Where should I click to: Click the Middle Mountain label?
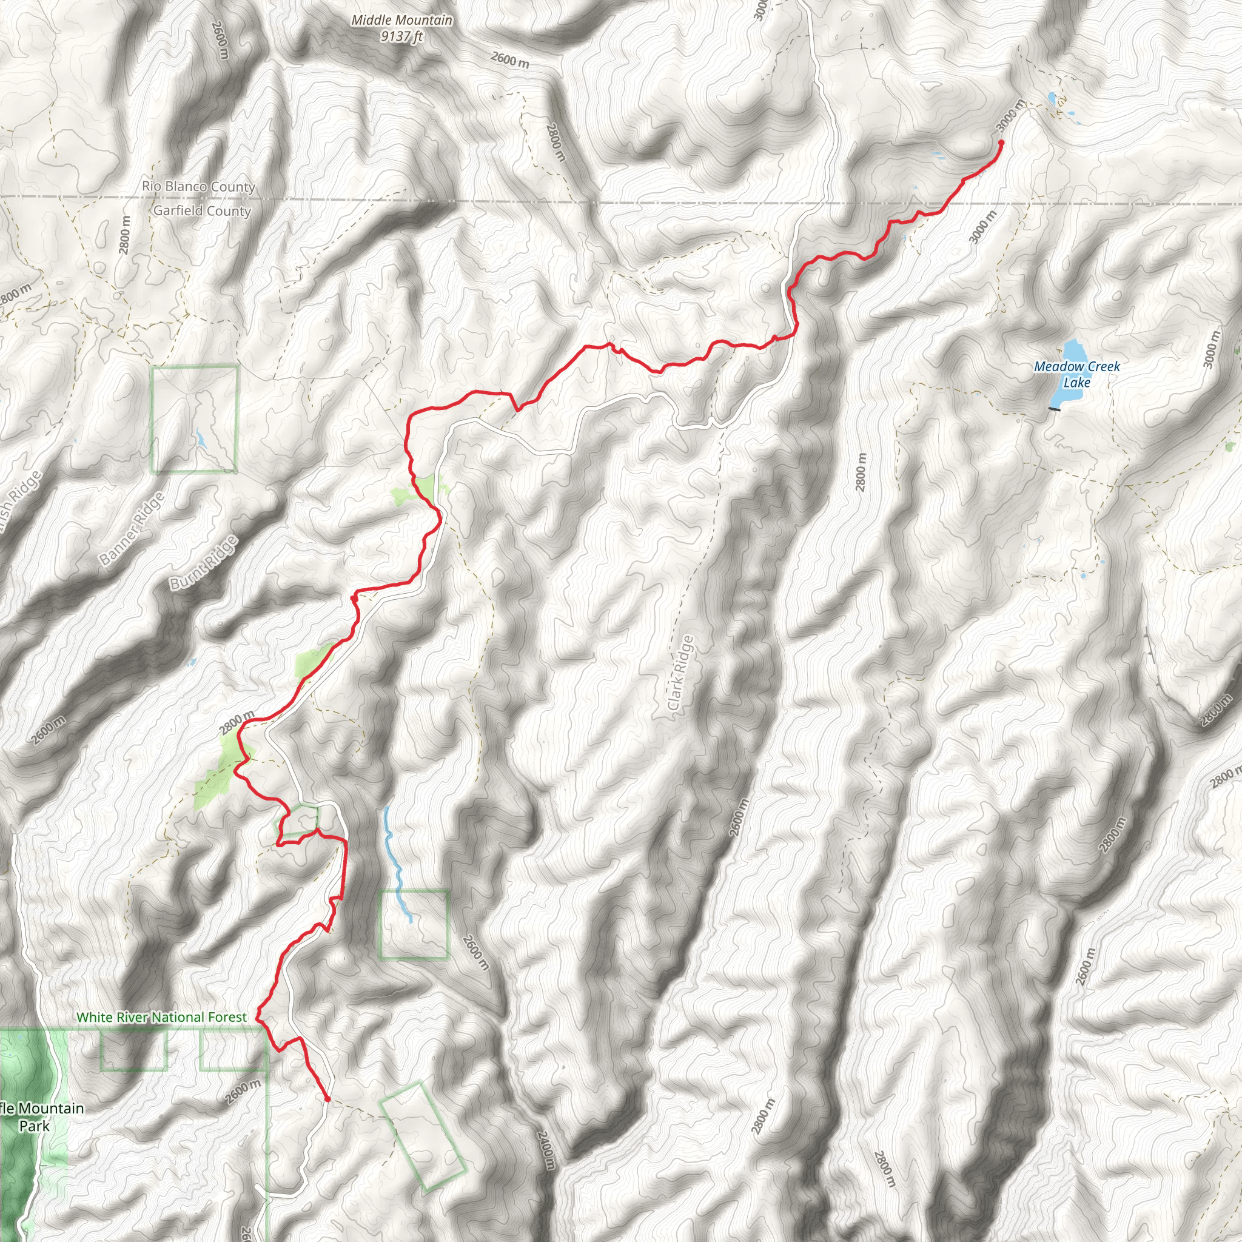(402, 21)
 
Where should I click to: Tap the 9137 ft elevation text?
(402, 36)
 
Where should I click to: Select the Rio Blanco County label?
(199, 186)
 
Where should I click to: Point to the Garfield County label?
(202, 211)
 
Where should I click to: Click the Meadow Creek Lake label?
(1077, 374)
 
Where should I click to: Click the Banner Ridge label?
(132, 528)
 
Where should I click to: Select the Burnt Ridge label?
(203, 563)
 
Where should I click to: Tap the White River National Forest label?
(161, 1017)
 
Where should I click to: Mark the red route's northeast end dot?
(1001, 143)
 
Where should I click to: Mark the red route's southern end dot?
(327, 1099)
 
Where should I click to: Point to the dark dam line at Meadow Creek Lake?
(1054, 409)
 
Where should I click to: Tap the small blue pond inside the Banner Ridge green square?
(201, 440)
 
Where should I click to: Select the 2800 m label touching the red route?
(236, 723)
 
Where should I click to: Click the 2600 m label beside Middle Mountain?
(510, 61)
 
